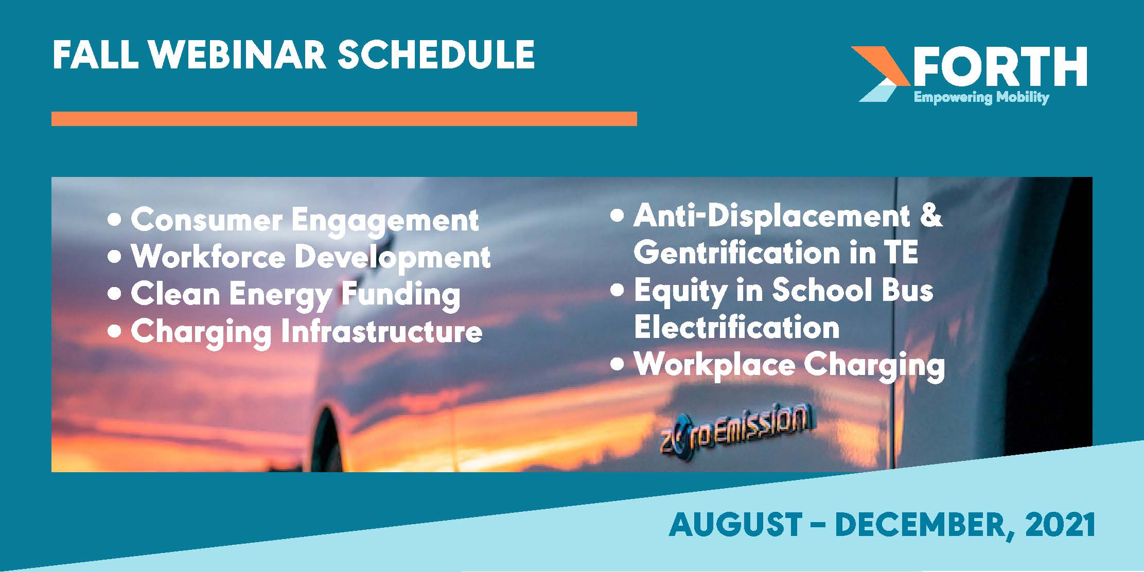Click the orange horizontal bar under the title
pos(344,119)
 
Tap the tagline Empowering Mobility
pos(981,97)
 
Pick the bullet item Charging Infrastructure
pos(295,332)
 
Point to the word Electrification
pos(737,327)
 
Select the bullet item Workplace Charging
pos(778,366)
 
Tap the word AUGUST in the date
pos(735,525)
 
